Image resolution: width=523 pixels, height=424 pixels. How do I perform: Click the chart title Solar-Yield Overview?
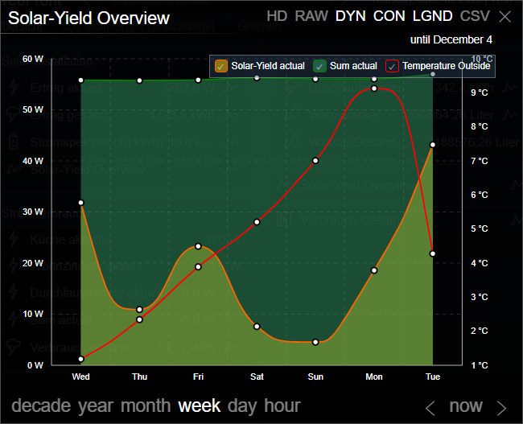pos(89,18)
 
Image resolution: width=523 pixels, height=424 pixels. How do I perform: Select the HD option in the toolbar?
pos(277,16)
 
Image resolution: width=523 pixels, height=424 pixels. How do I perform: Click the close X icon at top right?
pos(504,17)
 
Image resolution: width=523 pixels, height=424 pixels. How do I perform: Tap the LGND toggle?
pos(433,16)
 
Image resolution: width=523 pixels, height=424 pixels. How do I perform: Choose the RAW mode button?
pos(311,16)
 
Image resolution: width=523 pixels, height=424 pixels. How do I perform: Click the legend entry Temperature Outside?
pos(439,66)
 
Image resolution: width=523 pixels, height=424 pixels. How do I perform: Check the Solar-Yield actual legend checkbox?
pos(221,66)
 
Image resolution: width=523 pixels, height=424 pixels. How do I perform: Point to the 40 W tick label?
pos(33,161)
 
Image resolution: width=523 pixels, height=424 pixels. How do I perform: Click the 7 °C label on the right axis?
pos(479,161)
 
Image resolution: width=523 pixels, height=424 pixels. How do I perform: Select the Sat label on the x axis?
pos(257,377)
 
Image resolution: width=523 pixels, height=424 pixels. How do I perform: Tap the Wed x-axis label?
pos(80,377)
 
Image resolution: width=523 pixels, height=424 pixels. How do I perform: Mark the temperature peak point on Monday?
pos(374,89)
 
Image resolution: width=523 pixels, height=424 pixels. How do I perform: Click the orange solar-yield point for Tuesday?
pos(433,145)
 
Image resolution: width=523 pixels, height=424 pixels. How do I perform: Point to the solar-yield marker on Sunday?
pos(315,342)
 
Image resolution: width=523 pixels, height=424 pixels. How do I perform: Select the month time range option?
pos(145,405)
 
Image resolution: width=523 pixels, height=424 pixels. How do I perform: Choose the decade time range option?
pos(42,405)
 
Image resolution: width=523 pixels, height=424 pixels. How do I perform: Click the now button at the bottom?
pos(466,406)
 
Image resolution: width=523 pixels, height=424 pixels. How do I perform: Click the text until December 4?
pos(451,39)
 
